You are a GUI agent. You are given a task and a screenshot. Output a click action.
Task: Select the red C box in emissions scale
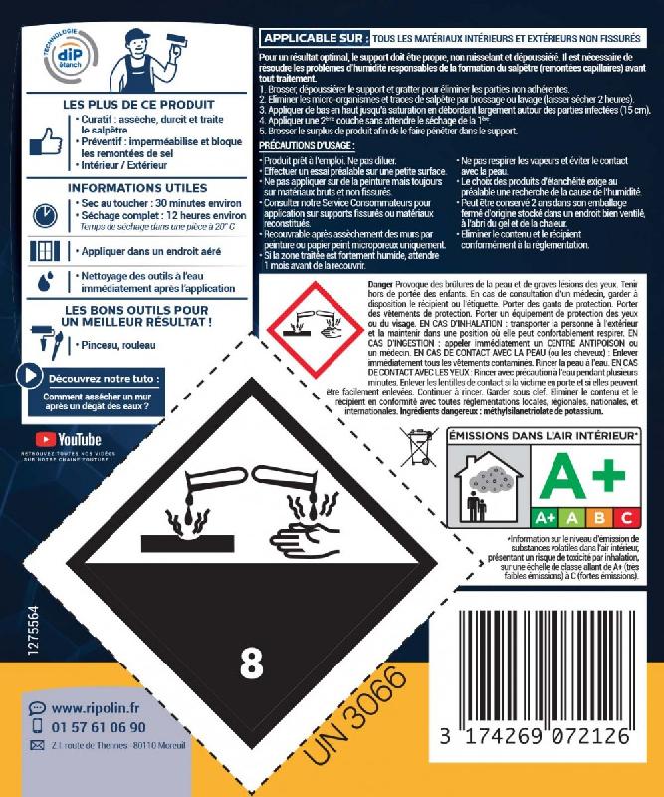point(626,516)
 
